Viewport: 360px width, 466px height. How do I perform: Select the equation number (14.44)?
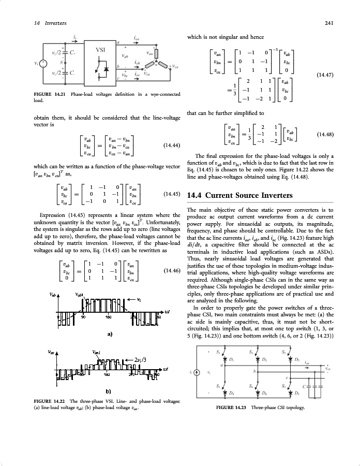click(171, 145)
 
